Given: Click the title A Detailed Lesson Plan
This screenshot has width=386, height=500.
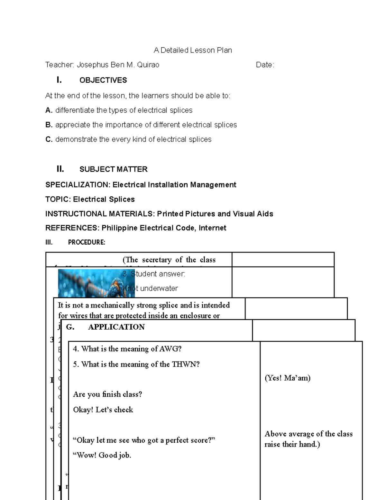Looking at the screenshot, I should [193, 50].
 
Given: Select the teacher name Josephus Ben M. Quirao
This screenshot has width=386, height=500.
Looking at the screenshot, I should [118, 65].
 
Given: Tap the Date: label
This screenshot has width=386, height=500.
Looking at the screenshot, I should [265, 65].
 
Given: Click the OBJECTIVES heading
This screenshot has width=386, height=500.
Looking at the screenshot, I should [103, 80].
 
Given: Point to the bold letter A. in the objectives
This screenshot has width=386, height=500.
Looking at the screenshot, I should [49, 110].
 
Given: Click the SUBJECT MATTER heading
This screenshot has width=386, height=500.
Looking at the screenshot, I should [113, 169].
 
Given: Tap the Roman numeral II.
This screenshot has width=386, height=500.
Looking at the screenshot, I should [60, 169].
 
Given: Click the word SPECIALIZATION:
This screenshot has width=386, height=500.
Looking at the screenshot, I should [78, 185].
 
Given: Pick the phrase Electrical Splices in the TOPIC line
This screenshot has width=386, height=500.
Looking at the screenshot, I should [104, 199].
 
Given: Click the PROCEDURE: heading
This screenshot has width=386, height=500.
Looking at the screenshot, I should [87, 242].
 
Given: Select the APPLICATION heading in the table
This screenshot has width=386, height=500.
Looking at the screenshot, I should [116, 327].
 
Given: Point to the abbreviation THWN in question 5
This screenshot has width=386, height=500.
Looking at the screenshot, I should [186, 364].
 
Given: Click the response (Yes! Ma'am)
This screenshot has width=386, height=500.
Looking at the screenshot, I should [287, 378].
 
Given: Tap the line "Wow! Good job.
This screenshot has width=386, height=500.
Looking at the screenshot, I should [102, 455].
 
